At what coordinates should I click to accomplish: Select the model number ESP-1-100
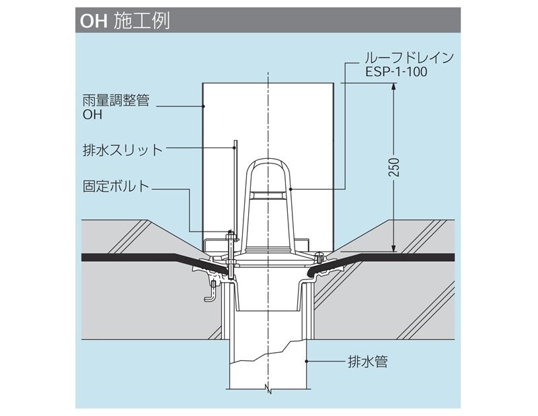(396, 71)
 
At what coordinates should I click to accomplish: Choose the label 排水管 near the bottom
(369, 361)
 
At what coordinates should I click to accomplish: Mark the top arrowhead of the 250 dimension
(393, 87)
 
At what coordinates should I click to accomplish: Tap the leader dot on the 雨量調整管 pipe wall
(203, 106)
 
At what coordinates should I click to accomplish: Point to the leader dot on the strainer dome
(290, 190)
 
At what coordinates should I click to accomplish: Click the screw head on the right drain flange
(319, 254)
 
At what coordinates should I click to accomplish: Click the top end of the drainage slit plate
(235, 143)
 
